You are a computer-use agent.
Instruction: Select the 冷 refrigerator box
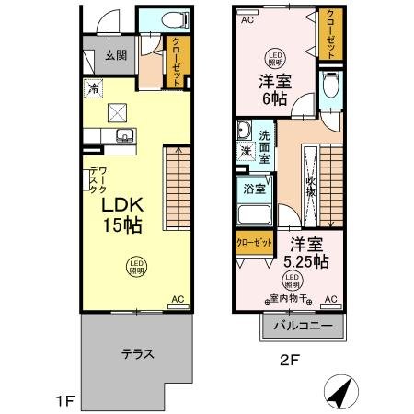click(94, 89)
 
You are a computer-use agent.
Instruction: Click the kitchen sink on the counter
click(122, 138)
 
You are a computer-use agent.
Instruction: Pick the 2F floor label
click(288, 361)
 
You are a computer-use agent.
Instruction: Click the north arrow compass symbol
click(341, 393)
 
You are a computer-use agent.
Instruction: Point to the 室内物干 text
click(289, 298)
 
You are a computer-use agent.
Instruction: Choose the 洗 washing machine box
click(246, 151)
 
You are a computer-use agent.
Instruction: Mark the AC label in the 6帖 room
click(247, 18)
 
